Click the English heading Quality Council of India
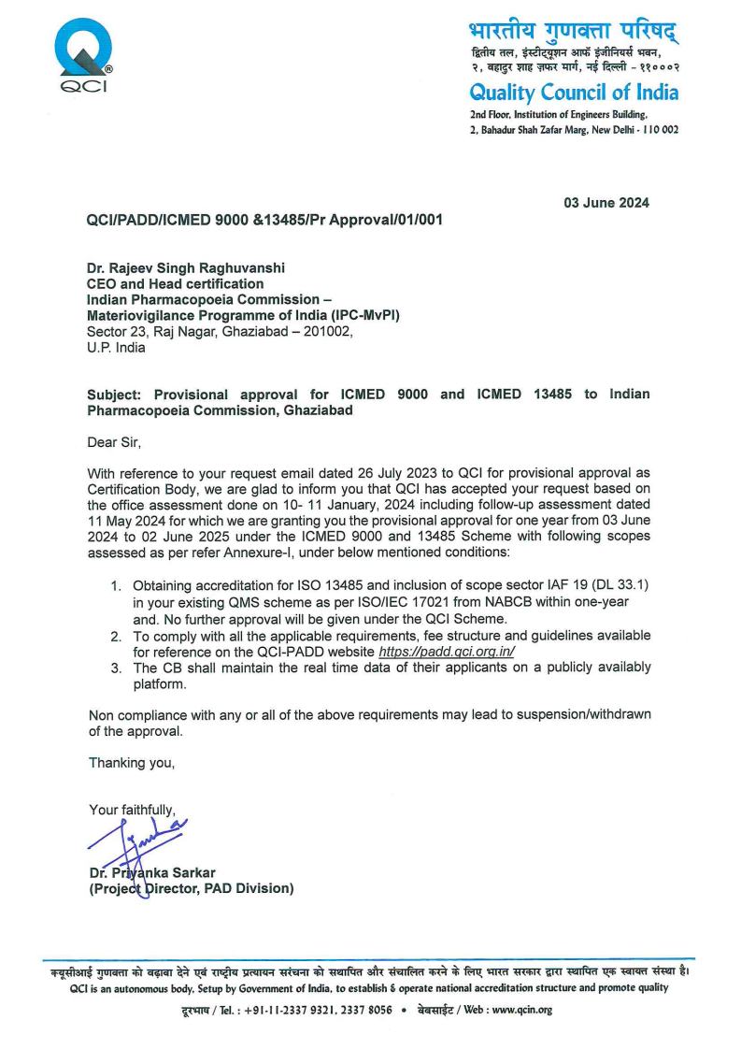point(574,92)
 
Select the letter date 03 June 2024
point(606,203)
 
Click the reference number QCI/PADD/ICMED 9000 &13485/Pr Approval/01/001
point(264,221)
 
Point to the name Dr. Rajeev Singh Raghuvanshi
point(186,268)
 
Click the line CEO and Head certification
point(175,284)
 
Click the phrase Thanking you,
point(131,763)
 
